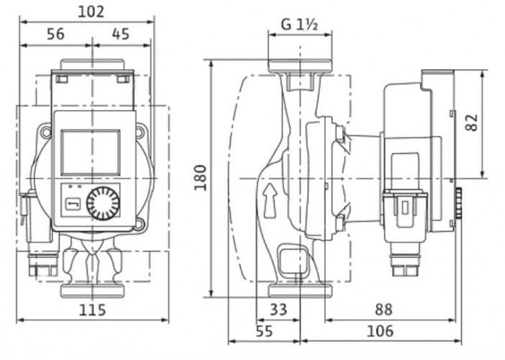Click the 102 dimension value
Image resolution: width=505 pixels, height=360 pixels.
click(x=91, y=12)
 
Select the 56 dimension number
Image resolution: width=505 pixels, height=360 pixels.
click(x=55, y=34)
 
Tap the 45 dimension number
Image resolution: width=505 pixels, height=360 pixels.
click(x=122, y=34)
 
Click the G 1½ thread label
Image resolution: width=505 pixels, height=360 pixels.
click(x=299, y=24)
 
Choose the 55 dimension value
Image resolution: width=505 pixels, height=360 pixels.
click(x=265, y=331)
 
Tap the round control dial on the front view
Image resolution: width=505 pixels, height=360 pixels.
click(x=104, y=204)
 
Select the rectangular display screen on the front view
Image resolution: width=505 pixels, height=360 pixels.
click(x=91, y=152)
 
